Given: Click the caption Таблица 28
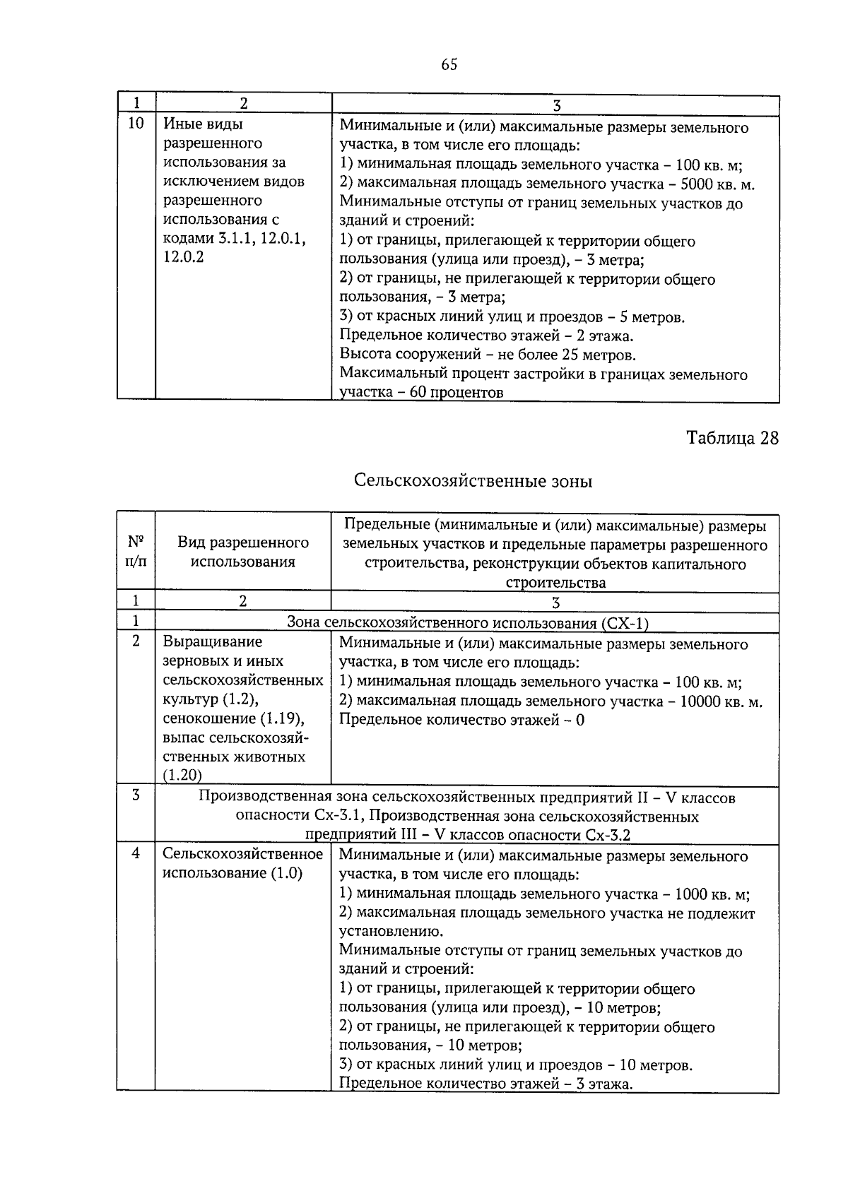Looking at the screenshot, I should tap(732, 438).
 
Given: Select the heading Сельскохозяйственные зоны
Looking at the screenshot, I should tap(473, 481).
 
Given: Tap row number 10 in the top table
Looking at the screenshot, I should tap(136, 124).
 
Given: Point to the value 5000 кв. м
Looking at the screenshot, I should tap(718, 185).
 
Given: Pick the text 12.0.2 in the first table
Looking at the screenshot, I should tap(184, 257).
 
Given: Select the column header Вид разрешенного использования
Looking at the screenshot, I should tap(243, 552).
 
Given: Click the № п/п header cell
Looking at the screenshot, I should tap(136, 552).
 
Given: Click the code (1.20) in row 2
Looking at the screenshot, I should tap(182, 776).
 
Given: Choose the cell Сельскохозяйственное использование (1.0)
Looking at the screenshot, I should tap(243, 863).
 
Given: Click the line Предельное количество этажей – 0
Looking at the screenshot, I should tap(462, 721).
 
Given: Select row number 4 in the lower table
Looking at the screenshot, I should tap(136, 853).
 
